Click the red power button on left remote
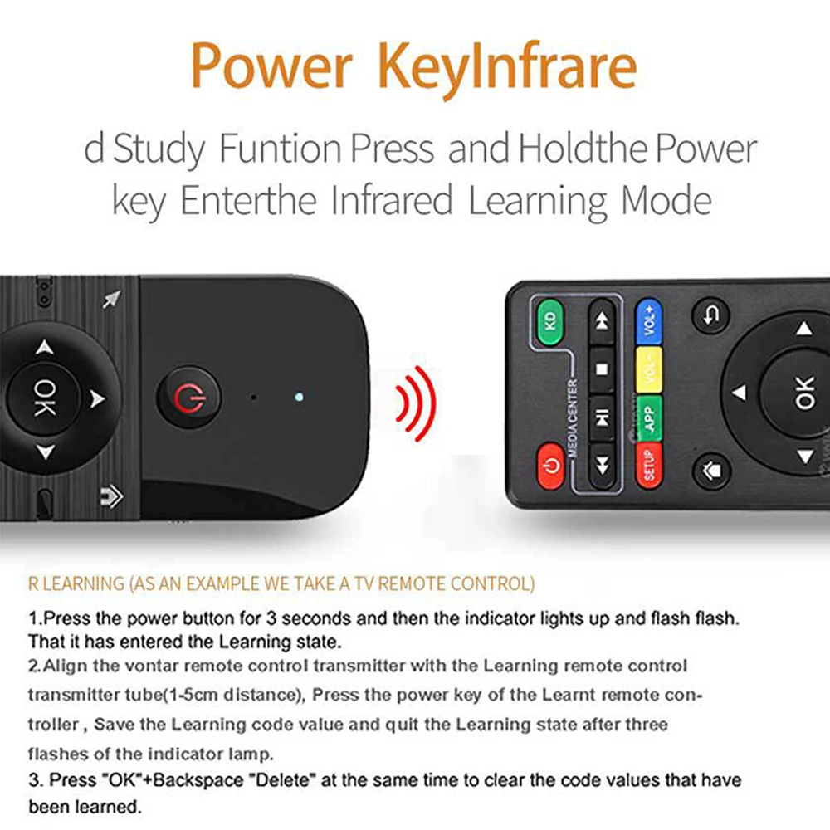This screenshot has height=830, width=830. pos(189,397)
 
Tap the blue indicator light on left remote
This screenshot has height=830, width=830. pos(299,397)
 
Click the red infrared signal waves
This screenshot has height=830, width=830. pos(417,403)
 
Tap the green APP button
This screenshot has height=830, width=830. pos(650,418)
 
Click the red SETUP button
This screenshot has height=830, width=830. pos(650,466)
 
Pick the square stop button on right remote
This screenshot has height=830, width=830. pos(602,369)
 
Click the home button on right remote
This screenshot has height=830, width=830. pos(711,470)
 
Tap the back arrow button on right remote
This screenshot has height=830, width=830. pos(711,315)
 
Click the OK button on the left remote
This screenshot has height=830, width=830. pos(44,398)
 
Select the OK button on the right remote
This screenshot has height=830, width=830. pos(803,393)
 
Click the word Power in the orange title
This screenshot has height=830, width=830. pos(271,66)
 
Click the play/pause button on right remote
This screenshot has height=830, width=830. pos(602,418)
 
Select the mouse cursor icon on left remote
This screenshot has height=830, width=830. pos(112,299)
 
